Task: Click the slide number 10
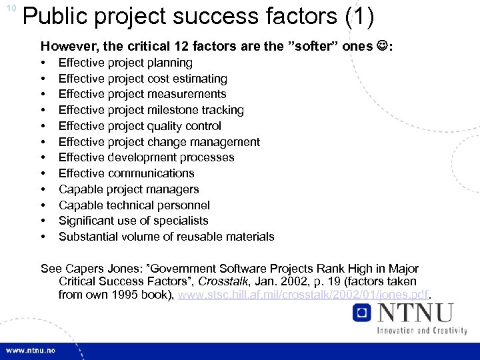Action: coord(11,8)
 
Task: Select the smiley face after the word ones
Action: coord(382,47)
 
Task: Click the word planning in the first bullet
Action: coord(170,63)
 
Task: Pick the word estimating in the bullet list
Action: coord(197,79)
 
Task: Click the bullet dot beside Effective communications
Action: coord(43,173)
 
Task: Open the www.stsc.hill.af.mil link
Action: coord(304,295)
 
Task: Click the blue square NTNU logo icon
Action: coord(363,313)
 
